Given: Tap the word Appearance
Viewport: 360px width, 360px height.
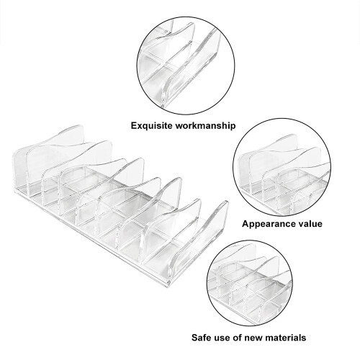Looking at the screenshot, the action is [x=266, y=224].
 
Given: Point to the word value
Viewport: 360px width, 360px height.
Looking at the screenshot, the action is [x=308, y=224].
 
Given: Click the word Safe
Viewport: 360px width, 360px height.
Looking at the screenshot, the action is [x=202, y=338].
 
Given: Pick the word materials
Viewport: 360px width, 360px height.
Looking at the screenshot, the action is [x=284, y=338].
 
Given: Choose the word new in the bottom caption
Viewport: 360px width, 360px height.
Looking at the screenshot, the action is [x=252, y=338].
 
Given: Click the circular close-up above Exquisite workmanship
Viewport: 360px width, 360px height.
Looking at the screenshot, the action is [x=186, y=66].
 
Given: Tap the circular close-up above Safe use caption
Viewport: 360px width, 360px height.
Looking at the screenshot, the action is [x=250, y=284].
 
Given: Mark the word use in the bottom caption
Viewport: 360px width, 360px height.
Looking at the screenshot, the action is [x=225, y=338].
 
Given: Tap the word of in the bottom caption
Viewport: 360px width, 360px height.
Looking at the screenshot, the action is [x=240, y=338].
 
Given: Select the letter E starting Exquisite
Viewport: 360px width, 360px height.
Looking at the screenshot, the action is [x=134, y=125].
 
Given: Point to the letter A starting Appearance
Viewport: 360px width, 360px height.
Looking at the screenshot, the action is [x=246, y=224].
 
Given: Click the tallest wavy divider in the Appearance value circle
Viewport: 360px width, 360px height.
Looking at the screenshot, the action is [x=269, y=156].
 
